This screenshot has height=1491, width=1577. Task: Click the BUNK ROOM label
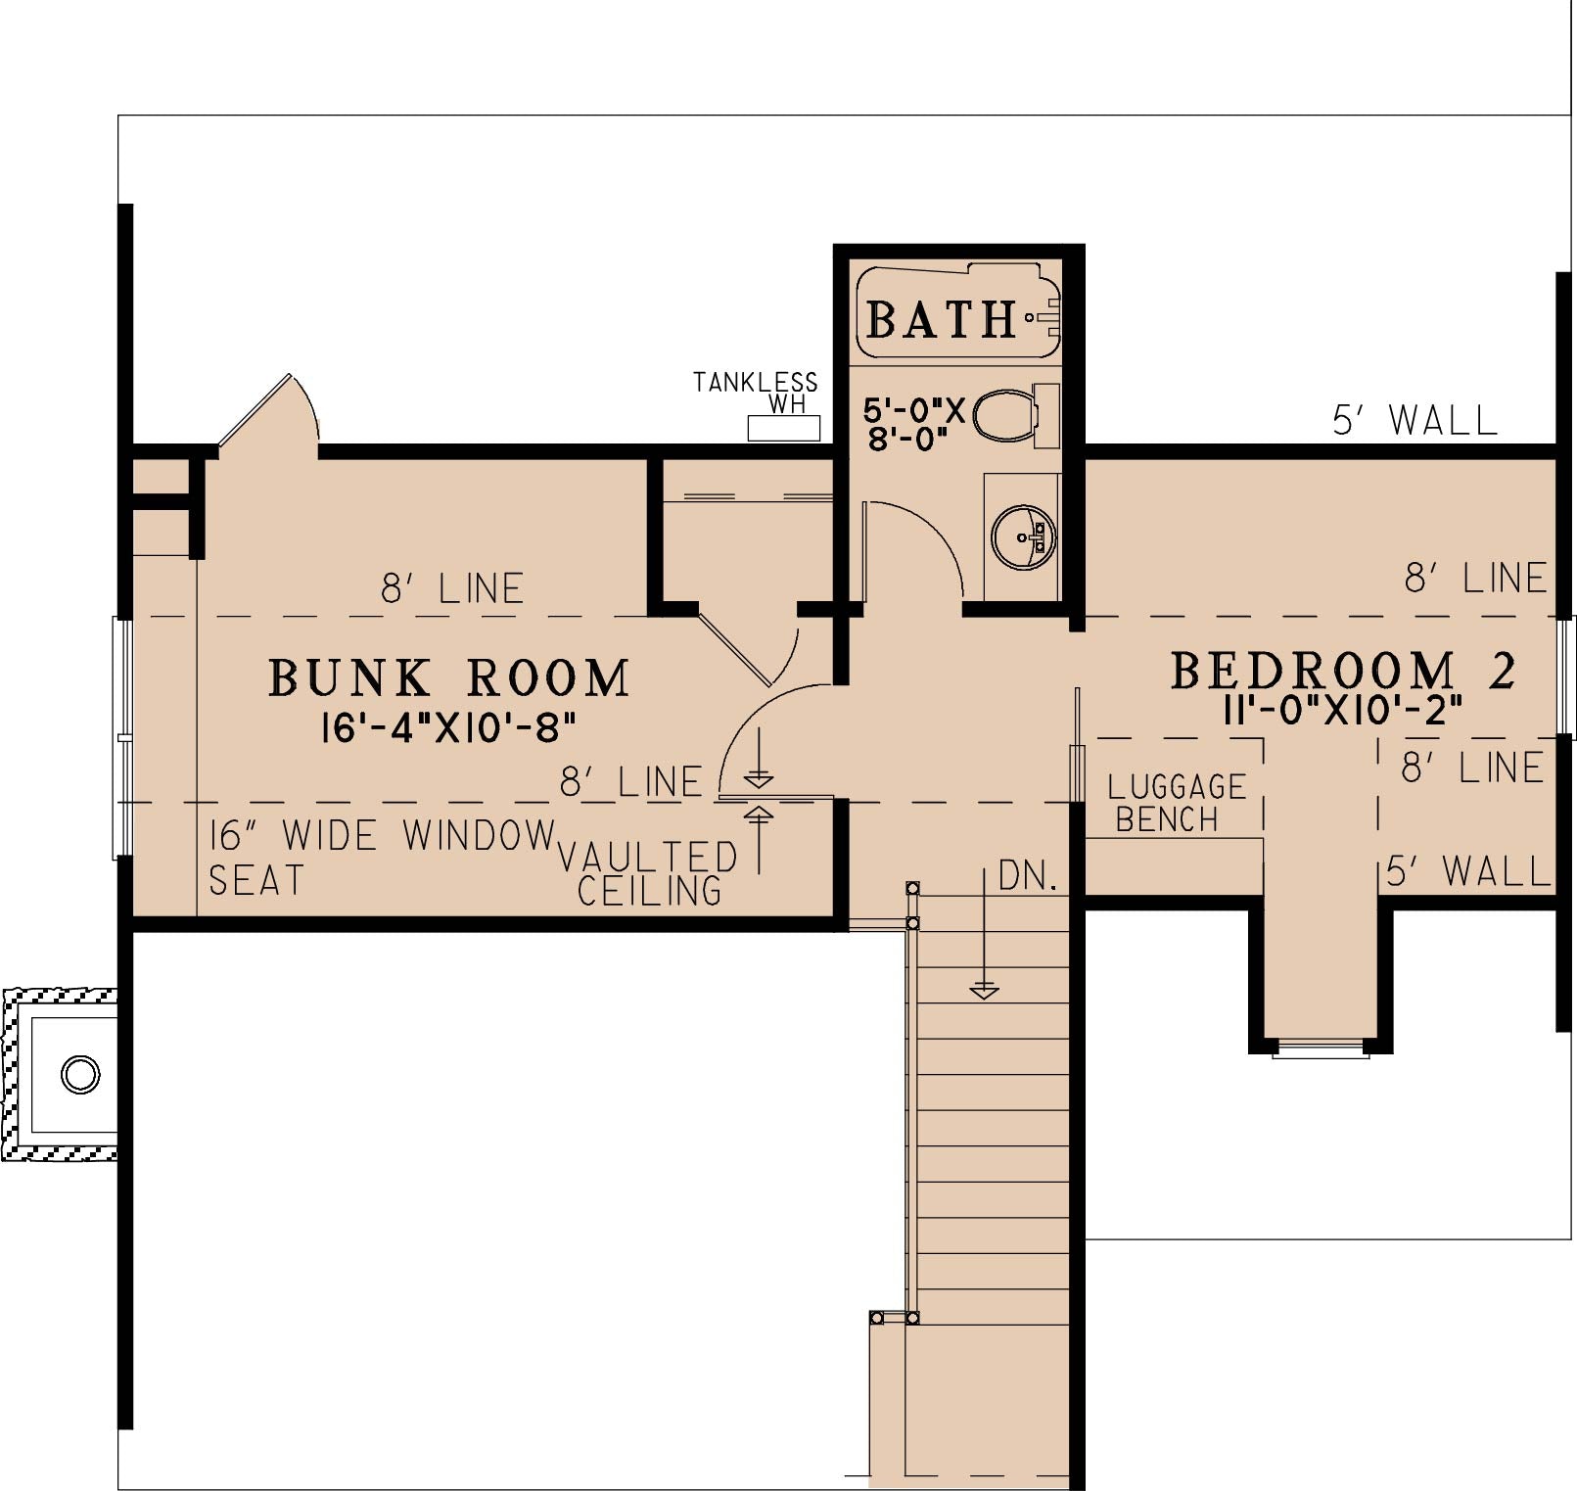[x=449, y=678]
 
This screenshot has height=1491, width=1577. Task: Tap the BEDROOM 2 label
[x=1343, y=671]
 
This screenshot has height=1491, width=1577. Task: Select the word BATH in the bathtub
[x=942, y=319]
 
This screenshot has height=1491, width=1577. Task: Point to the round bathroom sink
[x=1024, y=537]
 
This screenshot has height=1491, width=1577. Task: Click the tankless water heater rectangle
[x=784, y=428]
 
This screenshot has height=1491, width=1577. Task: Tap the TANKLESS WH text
[x=755, y=392]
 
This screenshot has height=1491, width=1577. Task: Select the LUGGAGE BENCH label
[x=1176, y=803]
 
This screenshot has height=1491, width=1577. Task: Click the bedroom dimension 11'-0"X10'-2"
[x=1343, y=710]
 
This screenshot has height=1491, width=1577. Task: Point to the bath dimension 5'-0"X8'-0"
[x=914, y=423]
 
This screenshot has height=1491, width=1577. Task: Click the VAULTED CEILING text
[x=648, y=873]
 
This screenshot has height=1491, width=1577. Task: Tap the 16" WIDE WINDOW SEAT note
[x=382, y=858]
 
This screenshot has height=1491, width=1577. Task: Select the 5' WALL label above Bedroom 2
[x=1415, y=420]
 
